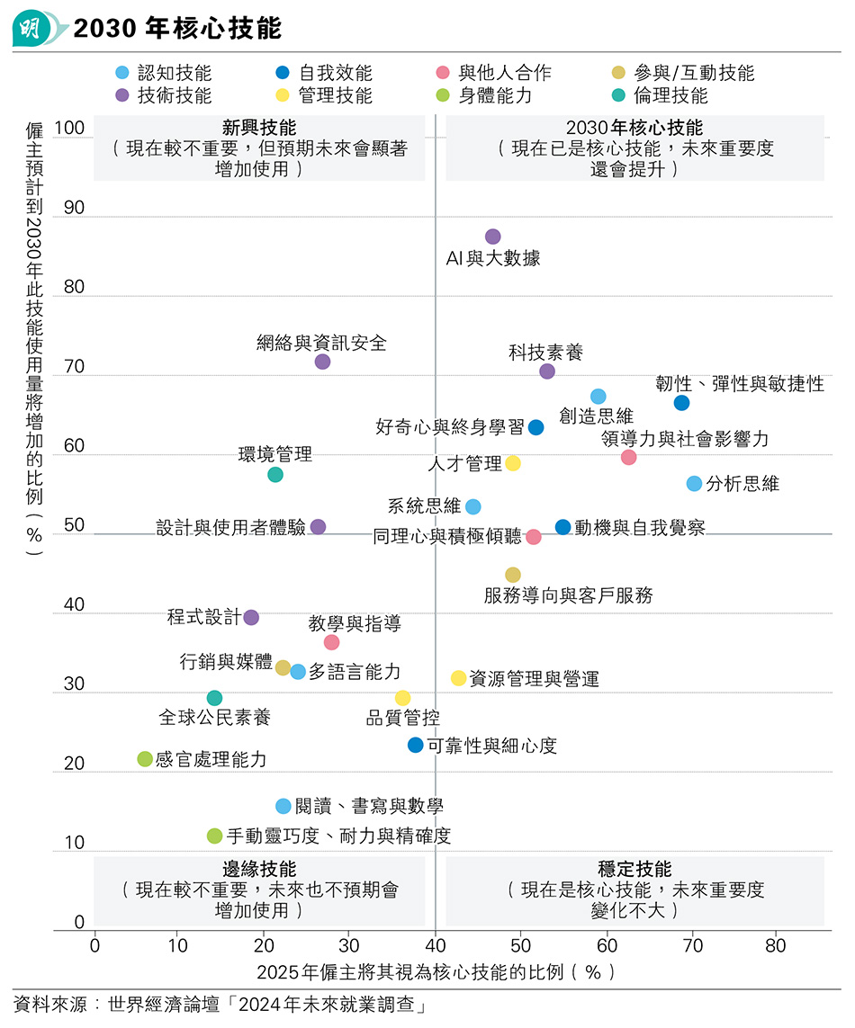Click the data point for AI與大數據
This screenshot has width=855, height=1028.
tap(492, 237)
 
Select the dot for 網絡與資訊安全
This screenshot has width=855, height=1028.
tap(322, 362)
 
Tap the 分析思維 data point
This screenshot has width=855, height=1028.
tap(694, 484)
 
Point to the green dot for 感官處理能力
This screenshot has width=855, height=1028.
tap(144, 759)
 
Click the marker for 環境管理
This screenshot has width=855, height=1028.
tap(275, 474)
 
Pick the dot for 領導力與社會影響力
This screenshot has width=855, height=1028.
tap(628, 457)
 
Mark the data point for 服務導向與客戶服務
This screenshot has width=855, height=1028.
tap(512, 575)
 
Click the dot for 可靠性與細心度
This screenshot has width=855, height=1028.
tap(415, 745)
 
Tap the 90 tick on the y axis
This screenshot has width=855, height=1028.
tap(73, 208)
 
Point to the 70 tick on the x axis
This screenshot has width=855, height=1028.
tap(693, 945)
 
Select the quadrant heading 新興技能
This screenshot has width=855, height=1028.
tap(259, 128)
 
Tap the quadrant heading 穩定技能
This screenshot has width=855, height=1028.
tap(634, 870)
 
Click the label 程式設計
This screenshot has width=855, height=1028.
tap(203, 617)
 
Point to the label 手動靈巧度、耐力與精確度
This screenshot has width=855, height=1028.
tap(338, 836)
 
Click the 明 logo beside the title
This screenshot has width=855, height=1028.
tap(32, 29)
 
